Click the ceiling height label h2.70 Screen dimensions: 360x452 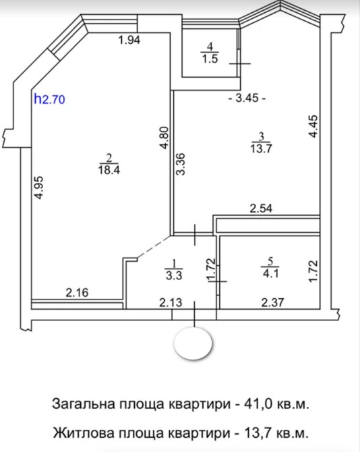(49, 99)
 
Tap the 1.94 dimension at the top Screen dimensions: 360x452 (129, 40)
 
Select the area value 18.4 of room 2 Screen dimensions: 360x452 (109, 169)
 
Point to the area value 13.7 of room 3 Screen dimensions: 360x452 (261, 148)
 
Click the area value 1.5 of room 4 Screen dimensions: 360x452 (210, 59)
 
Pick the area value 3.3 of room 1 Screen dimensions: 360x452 (174, 275)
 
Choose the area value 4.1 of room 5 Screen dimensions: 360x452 (270, 273)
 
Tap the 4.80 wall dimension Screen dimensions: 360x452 (164, 138)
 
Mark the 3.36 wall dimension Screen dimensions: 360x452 (181, 164)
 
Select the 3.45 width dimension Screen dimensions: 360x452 (247, 98)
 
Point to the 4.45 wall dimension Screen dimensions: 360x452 (313, 126)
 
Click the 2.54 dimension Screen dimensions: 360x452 (261, 208)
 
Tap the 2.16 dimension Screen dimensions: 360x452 (77, 293)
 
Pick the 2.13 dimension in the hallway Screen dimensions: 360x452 (171, 302)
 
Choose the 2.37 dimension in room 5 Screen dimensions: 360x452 (272, 302)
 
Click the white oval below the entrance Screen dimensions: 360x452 (193, 343)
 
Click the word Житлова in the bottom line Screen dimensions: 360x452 (84, 432)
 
